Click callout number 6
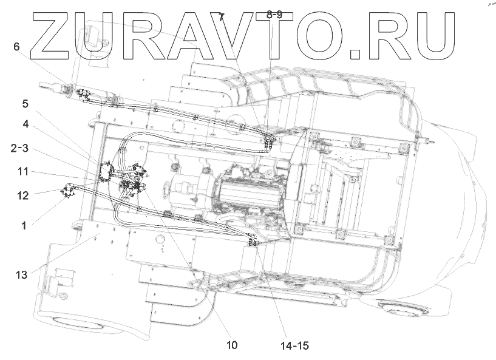16,47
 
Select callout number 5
25,104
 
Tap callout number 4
25,124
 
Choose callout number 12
24,195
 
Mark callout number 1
24,225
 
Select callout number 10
232,345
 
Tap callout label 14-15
294,345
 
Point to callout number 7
222,16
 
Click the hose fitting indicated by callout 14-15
254,241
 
